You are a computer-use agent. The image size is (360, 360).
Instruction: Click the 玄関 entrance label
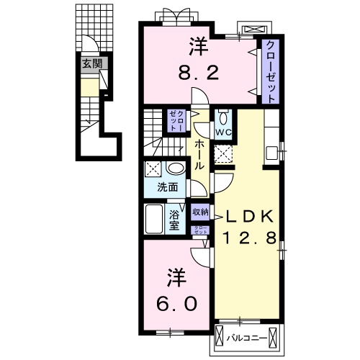[91, 63]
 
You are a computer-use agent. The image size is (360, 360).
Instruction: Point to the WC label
[222, 133]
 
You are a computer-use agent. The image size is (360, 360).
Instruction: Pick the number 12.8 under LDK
[249, 238]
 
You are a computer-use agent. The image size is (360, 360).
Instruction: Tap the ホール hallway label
[199, 154]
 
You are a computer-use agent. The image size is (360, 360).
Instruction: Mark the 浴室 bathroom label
[175, 220]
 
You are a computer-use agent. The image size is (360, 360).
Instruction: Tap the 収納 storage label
[200, 212]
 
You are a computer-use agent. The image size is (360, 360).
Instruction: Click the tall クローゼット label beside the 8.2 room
[270, 71]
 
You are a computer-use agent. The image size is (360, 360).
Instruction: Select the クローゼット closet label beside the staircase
[176, 120]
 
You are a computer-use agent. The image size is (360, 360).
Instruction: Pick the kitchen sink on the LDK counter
[272, 153]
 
